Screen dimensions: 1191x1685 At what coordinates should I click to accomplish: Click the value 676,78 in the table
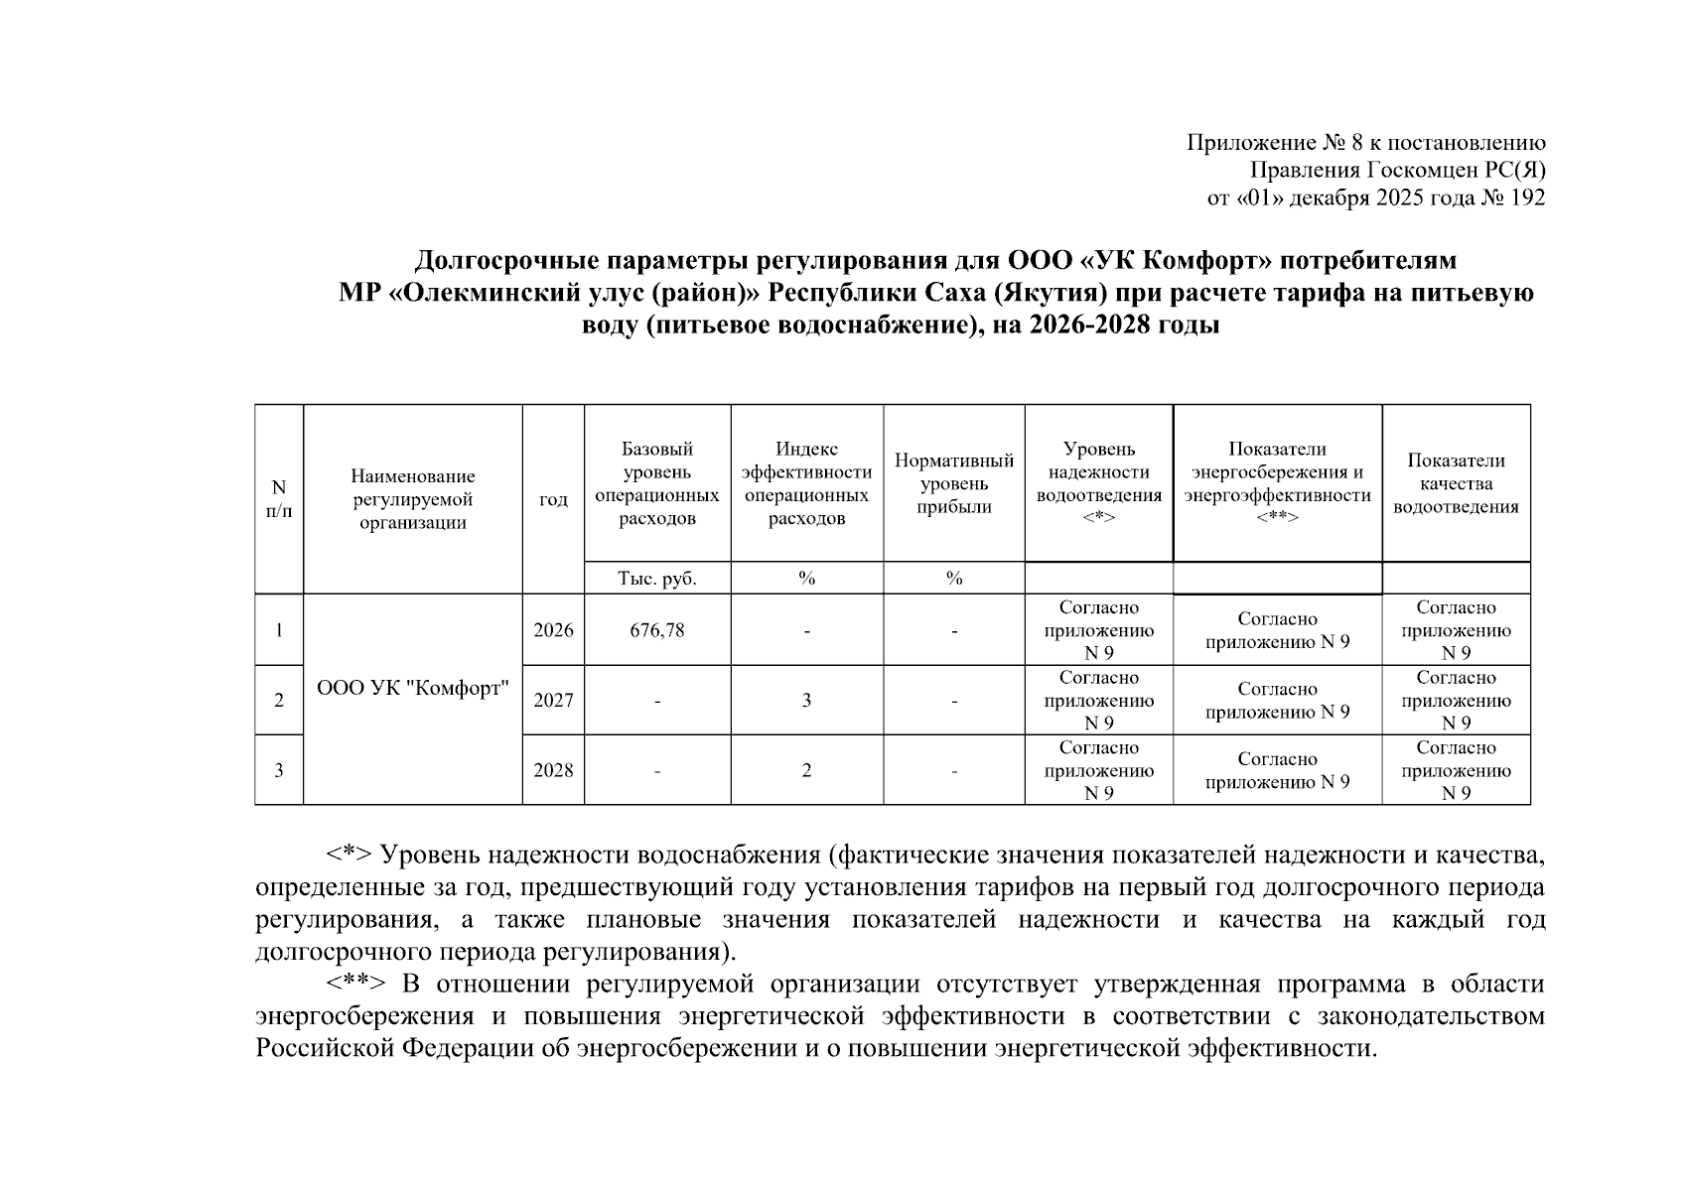[x=656, y=630]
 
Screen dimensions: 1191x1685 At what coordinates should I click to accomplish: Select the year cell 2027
[x=553, y=701]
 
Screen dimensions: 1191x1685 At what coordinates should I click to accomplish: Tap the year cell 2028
[x=553, y=770]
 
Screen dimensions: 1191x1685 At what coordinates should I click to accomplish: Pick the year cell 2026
[x=553, y=630]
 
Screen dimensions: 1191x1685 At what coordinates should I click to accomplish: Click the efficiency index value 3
[x=806, y=701]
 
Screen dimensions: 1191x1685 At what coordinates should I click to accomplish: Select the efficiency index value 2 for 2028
[x=806, y=770]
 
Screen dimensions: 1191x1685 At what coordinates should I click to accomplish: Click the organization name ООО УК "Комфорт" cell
[x=412, y=689]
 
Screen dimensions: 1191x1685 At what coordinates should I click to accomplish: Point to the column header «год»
[x=553, y=499]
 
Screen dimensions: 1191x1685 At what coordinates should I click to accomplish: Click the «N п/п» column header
[x=279, y=498]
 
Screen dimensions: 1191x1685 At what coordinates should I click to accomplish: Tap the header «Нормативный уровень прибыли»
[x=953, y=484]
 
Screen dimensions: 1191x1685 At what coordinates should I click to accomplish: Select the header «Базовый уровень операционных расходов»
[x=656, y=484]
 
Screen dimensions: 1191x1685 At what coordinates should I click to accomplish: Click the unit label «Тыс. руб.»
[x=656, y=579]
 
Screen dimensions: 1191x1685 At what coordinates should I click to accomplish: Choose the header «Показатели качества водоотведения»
[x=1456, y=484]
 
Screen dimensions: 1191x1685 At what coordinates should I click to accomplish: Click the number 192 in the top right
[x=1527, y=198]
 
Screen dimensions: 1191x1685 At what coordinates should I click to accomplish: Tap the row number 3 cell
[x=279, y=770]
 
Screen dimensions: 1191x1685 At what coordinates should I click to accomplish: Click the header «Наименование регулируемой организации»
[x=412, y=499]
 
